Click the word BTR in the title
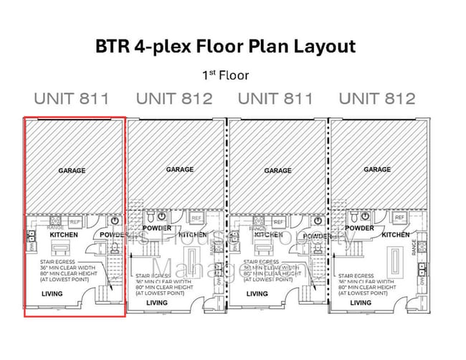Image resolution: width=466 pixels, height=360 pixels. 113,47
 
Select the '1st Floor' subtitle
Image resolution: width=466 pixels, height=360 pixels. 225,74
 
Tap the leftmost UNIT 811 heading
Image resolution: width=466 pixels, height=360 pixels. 72,99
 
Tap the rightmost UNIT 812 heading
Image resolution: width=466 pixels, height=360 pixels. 377,99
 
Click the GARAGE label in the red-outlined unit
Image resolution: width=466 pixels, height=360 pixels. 72,171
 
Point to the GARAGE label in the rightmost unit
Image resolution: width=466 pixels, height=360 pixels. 377,169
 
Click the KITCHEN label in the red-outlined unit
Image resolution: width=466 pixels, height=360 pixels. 64,235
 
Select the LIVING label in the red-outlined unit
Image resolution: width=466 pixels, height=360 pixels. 51,294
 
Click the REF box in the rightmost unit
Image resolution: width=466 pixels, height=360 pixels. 399,217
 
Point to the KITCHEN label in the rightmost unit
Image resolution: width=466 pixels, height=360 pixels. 396,235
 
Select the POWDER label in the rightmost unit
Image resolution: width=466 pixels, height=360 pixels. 359,229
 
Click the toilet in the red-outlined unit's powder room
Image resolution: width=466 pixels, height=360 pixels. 115,248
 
